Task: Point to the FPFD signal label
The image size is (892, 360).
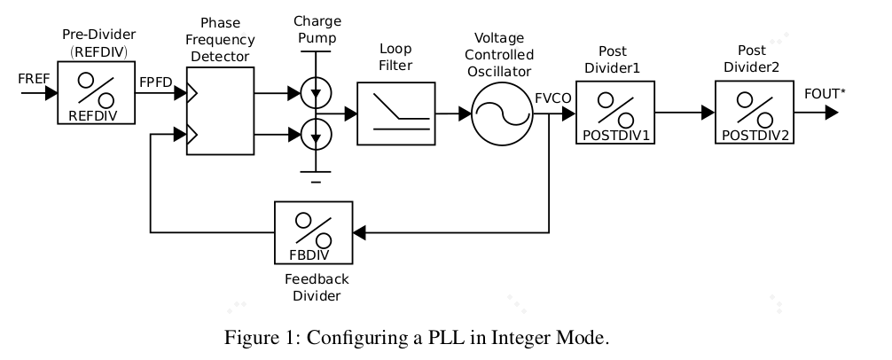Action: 155,80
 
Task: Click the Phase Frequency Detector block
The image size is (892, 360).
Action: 220,113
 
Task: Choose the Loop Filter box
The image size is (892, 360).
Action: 395,113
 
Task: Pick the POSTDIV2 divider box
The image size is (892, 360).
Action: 755,113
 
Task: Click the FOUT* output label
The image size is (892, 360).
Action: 824,93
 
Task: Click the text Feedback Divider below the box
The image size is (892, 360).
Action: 317,286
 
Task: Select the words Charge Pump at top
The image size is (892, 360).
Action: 317,28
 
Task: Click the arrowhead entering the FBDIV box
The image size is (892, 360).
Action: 358,233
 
